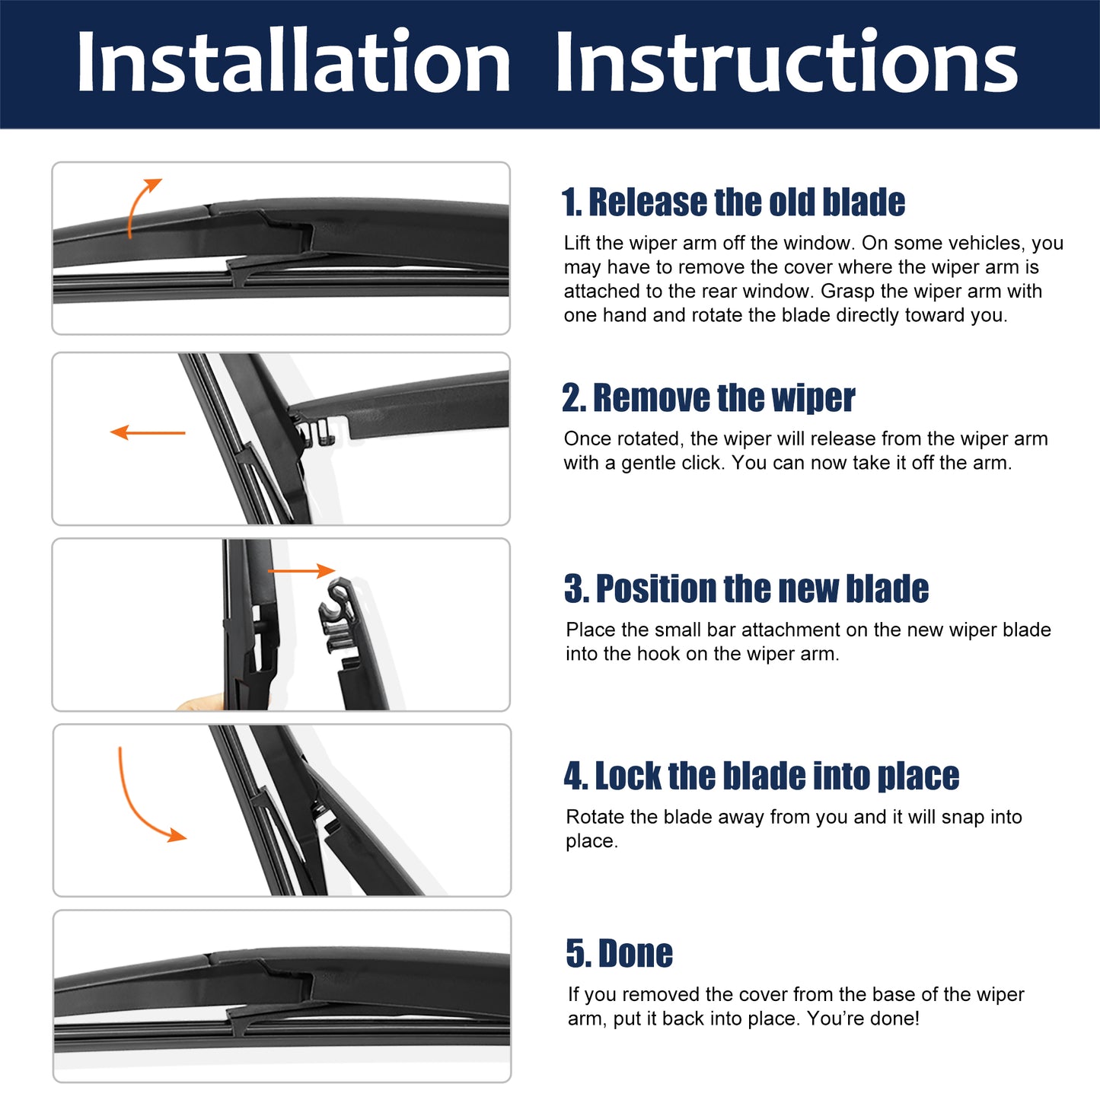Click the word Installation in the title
click(x=293, y=60)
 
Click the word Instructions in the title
click(x=786, y=60)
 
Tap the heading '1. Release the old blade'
click(x=733, y=202)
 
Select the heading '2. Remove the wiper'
click(x=709, y=397)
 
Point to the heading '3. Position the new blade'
click(x=746, y=588)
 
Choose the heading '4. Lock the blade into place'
click(x=761, y=776)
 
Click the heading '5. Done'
click(x=620, y=953)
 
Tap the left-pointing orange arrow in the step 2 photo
click(x=147, y=432)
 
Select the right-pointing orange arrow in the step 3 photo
click(x=301, y=570)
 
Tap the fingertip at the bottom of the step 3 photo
click(x=199, y=702)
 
